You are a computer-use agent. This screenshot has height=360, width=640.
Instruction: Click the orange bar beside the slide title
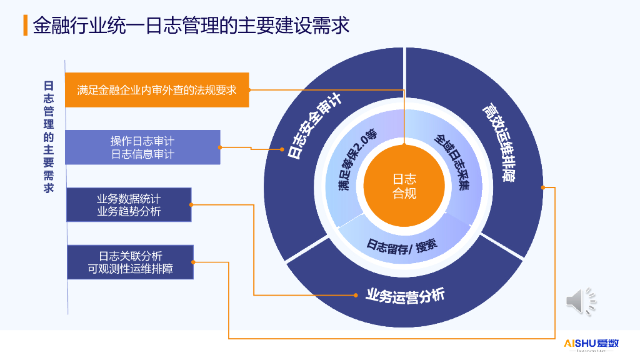[x=25, y=26]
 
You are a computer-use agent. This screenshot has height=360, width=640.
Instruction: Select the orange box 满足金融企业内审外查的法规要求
[x=157, y=90]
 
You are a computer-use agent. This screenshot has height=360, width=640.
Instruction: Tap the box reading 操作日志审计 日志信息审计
[x=142, y=147]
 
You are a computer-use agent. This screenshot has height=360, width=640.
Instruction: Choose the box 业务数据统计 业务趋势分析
[x=129, y=205]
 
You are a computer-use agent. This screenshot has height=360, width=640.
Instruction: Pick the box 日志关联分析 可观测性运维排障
[x=130, y=262]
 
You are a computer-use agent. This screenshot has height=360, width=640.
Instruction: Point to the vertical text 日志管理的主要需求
[x=49, y=137]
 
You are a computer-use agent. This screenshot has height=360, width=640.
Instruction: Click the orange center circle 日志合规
[x=404, y=186]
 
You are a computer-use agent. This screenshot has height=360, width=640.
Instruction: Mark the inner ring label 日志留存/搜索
[x=402, y=244]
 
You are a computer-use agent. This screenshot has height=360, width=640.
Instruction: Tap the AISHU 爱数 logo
[x=591, y=344]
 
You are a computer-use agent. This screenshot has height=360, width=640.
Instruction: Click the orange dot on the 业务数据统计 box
[x=191, y=204]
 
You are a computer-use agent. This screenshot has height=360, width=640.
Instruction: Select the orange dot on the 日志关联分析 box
[x=193, y=262]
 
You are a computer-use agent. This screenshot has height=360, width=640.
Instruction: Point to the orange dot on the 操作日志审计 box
[x=221, y=147]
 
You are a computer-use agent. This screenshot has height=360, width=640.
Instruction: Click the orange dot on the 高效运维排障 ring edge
[x=543, y=187]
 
